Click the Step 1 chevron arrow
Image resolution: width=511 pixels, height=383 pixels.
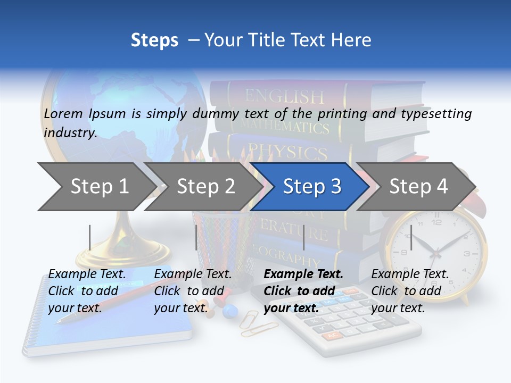(x=96, y=187)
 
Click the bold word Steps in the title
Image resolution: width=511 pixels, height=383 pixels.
(x=154, y=40)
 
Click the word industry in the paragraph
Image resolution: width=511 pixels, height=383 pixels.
(x=70, y=133)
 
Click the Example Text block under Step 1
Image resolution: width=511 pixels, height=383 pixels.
(x=87, y=291)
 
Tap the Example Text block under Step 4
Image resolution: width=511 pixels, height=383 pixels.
(x=410, y=291)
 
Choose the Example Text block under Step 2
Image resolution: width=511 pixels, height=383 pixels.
(x=193, y=291)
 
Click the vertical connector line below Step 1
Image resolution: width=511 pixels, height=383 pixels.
(x=90, y=237)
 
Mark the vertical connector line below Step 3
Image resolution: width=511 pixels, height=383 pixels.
(x=303, y=237)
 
